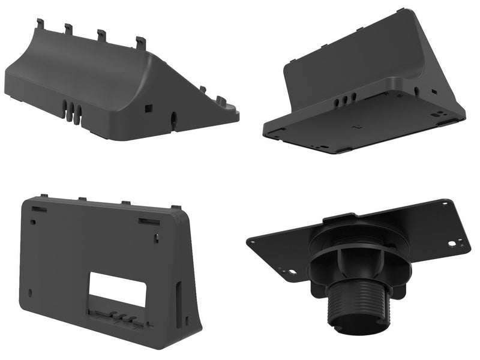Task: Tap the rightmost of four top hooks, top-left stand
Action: pyautogui.click(x=141, y=43)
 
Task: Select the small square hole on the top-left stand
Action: pyautogui.click(x=149, y=108)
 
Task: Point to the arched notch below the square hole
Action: pyautogui.click(x=174, y=121)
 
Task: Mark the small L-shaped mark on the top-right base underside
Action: pyautogui.click(x=356, y=127)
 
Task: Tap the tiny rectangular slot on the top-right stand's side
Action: pyautogui.click(x=433, y=92)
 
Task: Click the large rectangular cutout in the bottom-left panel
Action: pyautogui.click(x=118, y=290)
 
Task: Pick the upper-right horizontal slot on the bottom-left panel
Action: pyautogui.click(x=149, y=221)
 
